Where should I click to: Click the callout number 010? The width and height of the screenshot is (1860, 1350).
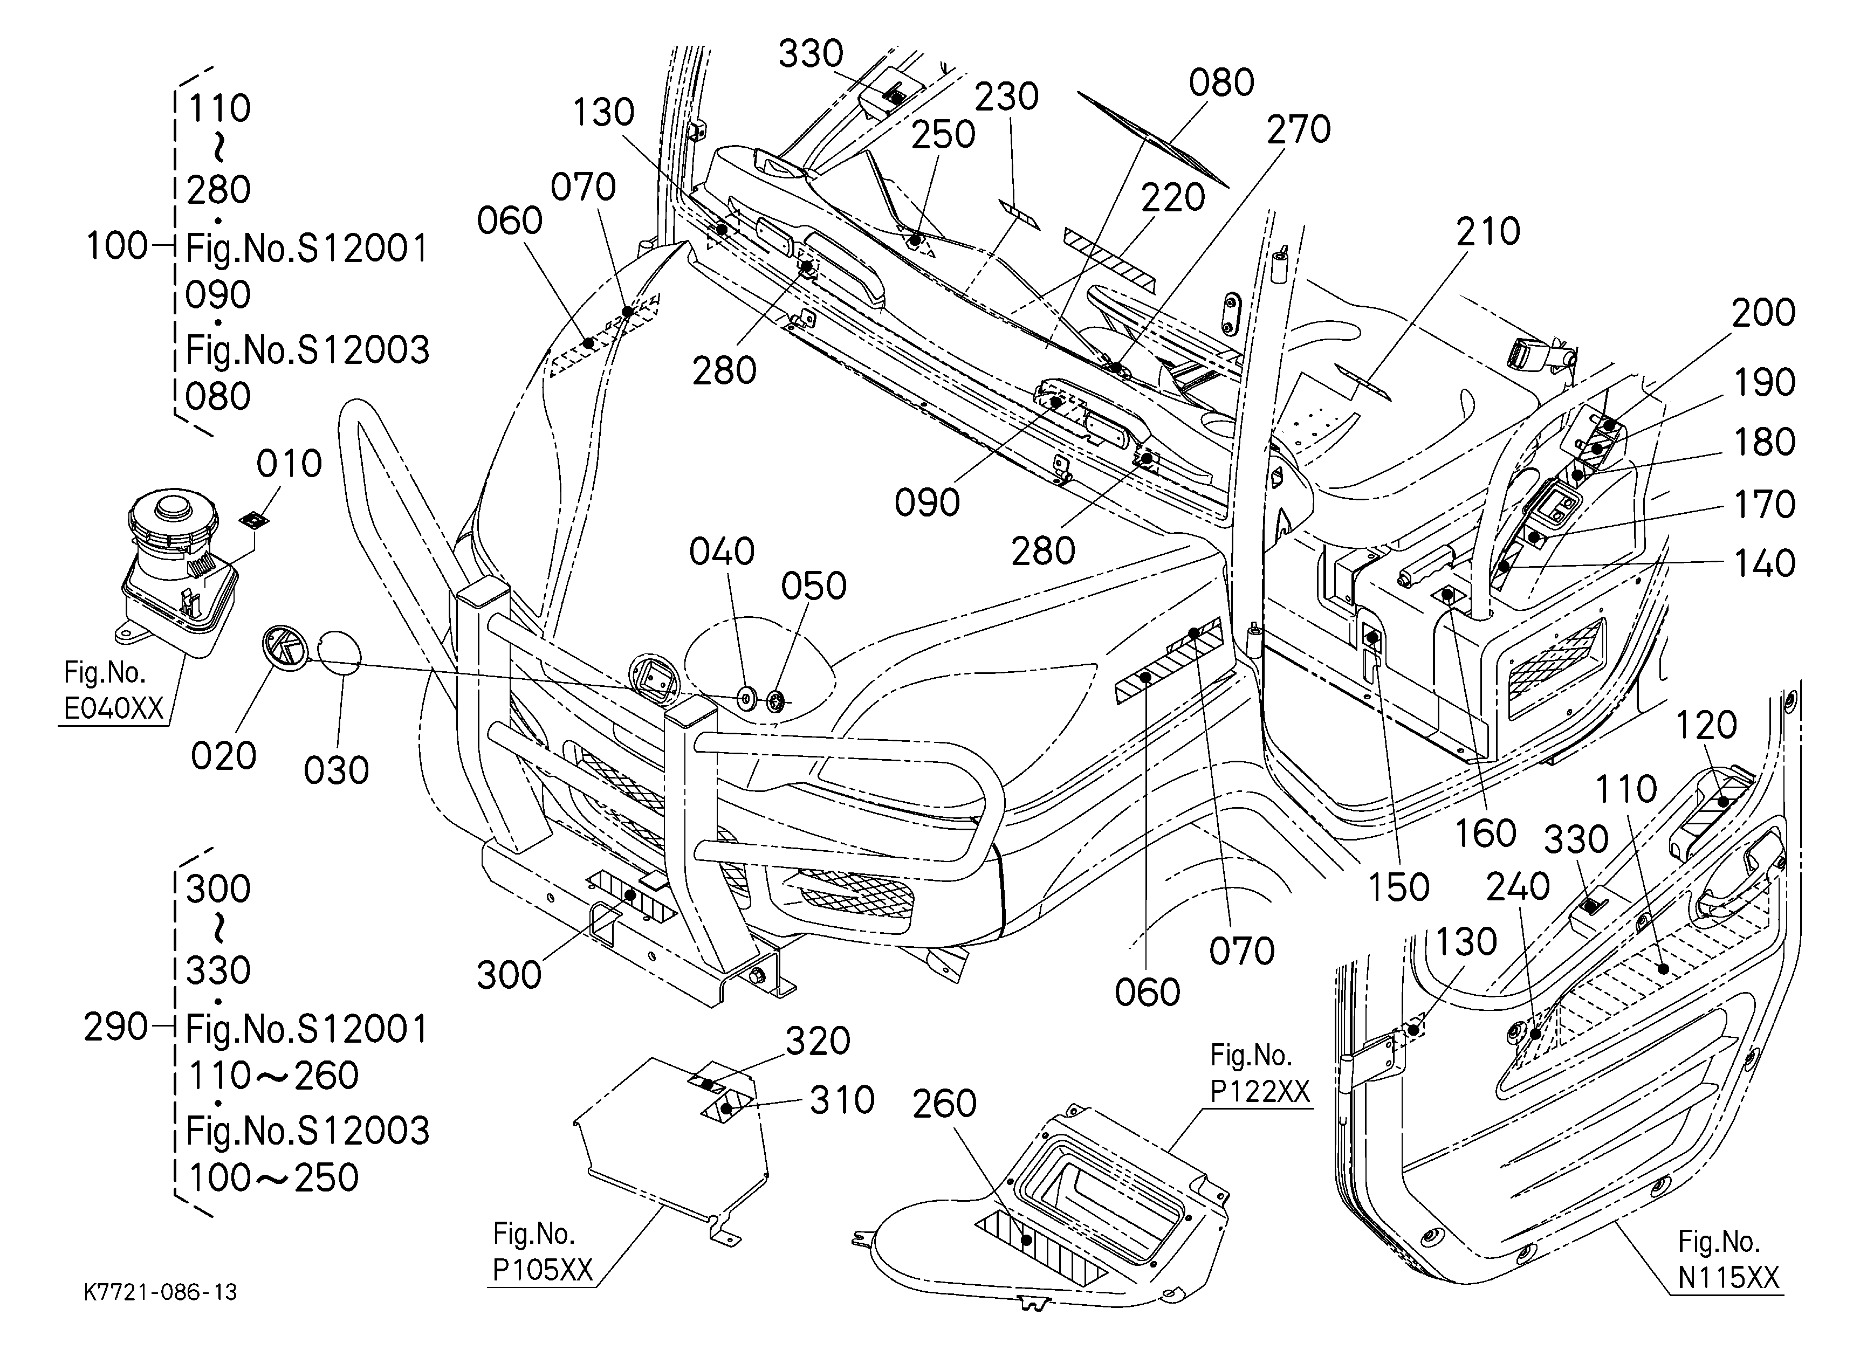289,464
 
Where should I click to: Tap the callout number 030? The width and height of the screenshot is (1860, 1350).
336,770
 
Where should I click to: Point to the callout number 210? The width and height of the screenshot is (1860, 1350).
1488,232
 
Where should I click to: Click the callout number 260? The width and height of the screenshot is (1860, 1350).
945,1104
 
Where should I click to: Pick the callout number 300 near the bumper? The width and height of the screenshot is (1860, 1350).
509,975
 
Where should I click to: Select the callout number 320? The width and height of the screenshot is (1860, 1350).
818,1041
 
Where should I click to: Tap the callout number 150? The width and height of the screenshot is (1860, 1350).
1398,887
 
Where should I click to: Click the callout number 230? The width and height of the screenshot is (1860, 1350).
1006,97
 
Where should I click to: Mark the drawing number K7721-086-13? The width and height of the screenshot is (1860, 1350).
161,1293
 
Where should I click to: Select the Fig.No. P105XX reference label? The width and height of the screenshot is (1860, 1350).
542,1252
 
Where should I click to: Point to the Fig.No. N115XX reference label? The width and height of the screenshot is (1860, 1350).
1728,1260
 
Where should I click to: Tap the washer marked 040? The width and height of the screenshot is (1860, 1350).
747,699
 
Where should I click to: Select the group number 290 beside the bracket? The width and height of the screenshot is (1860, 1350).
115,1027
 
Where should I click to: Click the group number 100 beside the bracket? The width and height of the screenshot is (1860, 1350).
116,246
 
